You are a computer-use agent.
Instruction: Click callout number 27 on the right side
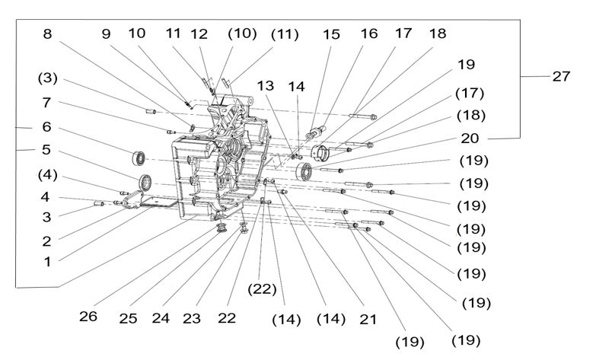coord(561,77)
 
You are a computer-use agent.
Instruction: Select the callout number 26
coord(88,316)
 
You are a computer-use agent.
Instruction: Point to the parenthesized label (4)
coord(49,174)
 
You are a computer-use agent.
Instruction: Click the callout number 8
coord(47,34)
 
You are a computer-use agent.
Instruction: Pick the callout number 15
coord(331,34)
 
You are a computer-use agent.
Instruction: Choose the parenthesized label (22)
coord(46,102)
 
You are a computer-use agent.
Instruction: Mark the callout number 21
coord(368,320)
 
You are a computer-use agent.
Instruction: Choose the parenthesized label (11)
coord(284,34)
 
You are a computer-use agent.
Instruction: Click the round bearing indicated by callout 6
coord(139,158)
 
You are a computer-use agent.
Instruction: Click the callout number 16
coord(368,34)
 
